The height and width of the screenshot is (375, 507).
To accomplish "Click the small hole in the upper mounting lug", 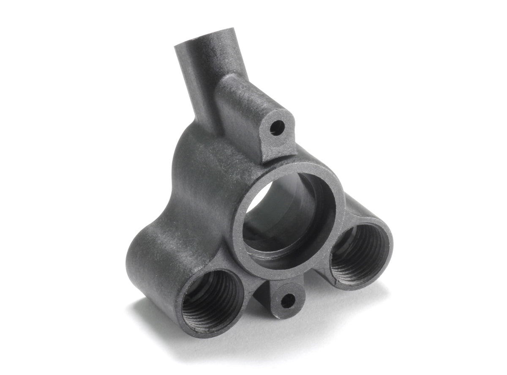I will tap(277, 126).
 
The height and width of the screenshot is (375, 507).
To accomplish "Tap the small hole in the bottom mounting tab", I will tap(288, 301).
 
